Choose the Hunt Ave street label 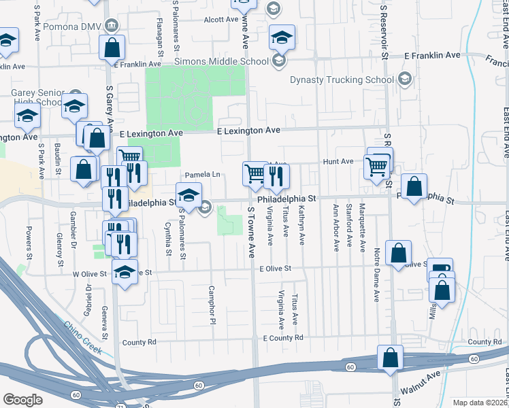click(338, 161)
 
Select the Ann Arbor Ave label click(335, 226)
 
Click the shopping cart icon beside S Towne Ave click(255, 173)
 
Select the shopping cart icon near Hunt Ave click(376, 165)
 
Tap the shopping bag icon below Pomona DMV click(112, 48)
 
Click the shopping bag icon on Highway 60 click(391, 358)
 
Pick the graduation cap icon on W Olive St click(125, 272)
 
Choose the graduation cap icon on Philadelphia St click(188, 195)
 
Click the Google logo click(22, 399)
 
